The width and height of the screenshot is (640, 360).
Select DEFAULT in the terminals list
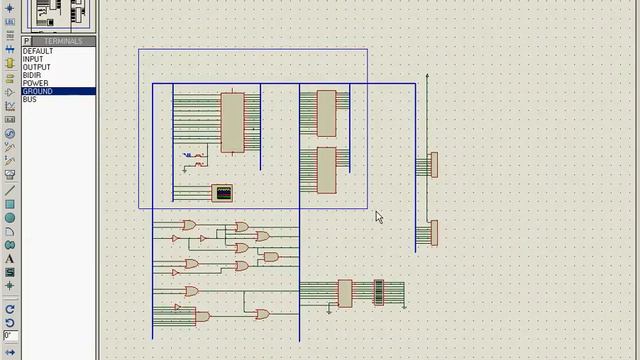[38, 51]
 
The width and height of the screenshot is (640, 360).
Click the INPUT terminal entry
[33, 59]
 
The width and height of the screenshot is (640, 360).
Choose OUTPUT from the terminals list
[36, 67]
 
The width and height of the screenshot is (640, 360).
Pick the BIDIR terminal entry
[33, 75]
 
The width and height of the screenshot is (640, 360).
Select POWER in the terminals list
[35, 83]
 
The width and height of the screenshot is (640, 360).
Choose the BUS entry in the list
[30, 99]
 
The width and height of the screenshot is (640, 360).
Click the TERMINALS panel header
[62, 41]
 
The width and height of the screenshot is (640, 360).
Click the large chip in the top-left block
[232, 122]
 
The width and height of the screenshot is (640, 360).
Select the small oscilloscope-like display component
[222, 192]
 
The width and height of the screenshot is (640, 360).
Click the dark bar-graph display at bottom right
[379, 292]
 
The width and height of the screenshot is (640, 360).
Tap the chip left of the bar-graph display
[345, 292]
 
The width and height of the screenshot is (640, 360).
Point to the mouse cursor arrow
[379, 217]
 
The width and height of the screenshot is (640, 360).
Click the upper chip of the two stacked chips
[326, 113]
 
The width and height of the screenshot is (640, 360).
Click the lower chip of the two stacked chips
[326, 169]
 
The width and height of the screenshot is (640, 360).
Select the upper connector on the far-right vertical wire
[433, 164]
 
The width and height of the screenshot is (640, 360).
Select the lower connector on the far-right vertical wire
[433, 232]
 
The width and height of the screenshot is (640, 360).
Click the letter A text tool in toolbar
[10, 259]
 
